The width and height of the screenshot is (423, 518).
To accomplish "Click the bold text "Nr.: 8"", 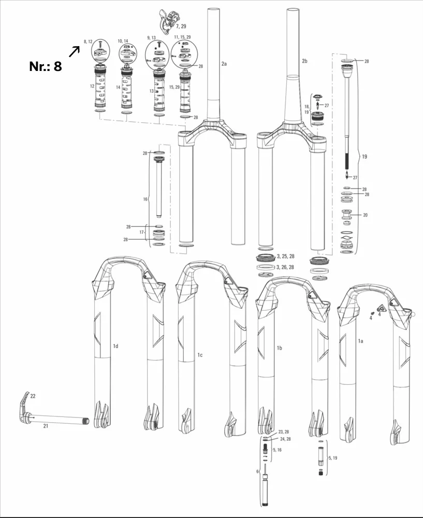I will tap(46, 66).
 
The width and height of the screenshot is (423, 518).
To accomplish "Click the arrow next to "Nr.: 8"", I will tap(74, 51).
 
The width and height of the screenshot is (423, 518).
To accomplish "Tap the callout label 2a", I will tap(224, 64).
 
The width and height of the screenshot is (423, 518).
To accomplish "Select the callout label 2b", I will tap(304, 61).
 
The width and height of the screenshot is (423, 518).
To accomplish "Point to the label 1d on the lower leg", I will tap(115, 346).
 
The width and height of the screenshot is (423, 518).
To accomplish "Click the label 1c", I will tap(199, 354).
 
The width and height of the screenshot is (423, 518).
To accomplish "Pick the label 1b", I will tap(279, 348).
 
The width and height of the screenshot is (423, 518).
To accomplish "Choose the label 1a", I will tap(361, 341).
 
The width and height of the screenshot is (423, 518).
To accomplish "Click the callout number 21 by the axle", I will tap(46, 426).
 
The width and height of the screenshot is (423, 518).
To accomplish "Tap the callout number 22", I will tap(33, 396).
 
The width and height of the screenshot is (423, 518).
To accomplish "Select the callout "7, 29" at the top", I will tap(181, 25).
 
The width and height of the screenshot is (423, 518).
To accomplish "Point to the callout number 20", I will tap(366, 215).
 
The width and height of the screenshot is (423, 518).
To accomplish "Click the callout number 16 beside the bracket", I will tap(145, 199).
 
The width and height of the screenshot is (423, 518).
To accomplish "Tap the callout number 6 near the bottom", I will tap(257, 471).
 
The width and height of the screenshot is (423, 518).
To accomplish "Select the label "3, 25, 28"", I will tap(286, 256).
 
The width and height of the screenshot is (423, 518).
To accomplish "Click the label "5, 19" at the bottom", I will tap(331, 458).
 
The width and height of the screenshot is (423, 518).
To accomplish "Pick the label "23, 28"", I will tap(284, 431).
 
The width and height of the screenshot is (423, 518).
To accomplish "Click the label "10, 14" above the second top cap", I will tap(123, 40).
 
